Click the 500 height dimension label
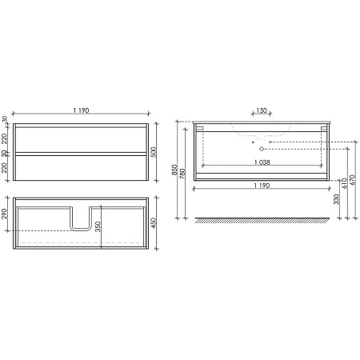[x=154, y=152]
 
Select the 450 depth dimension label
[x=154, y=223]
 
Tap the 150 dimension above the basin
[x=262, y=110]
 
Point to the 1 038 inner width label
[x=262, y=162]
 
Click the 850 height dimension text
[x=174, y=170]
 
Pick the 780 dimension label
[x=182, y=174]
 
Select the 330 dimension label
[x=337, y=199]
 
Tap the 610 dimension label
[x=344, y=183]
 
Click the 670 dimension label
[x=352, y=180]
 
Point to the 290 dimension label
[x=4, y=214]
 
